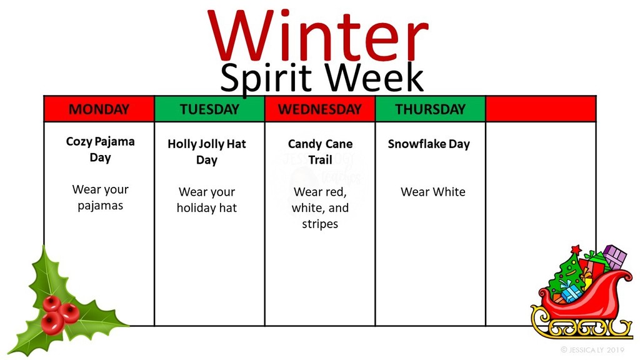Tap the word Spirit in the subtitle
(x=269, y=78)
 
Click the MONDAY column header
(x=99, y=109)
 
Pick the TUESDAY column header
(x=209, y=109)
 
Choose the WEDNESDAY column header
(x=319, y=109)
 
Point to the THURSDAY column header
(x=430, y=109)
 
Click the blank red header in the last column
(x=541, y=109)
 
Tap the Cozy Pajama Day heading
(x=100, y=149)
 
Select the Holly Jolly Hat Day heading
(x=207, y=152)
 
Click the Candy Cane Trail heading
(x=320, y=152)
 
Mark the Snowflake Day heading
(x=429, y=144)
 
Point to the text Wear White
(x=433, y=192)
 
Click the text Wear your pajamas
(x=100, y=197)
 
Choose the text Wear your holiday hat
(x=207, y=200)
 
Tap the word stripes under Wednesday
(x=320, y=224)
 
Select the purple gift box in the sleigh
(x=615, y=256)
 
